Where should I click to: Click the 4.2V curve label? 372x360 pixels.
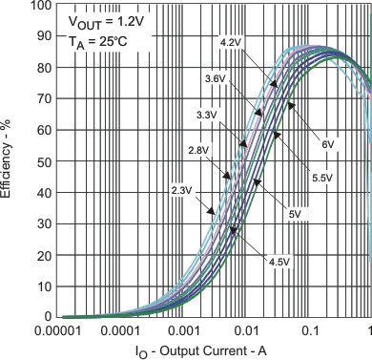[231, 43]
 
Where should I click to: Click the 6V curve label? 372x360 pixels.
[328, 144]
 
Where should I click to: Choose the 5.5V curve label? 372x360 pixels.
[319, 180]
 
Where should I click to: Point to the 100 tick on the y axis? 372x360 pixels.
[41, 6]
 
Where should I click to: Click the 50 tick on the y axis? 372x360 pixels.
[44, 161]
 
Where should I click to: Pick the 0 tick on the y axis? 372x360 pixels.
[48, 317]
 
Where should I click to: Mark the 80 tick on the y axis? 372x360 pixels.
[44, 68]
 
